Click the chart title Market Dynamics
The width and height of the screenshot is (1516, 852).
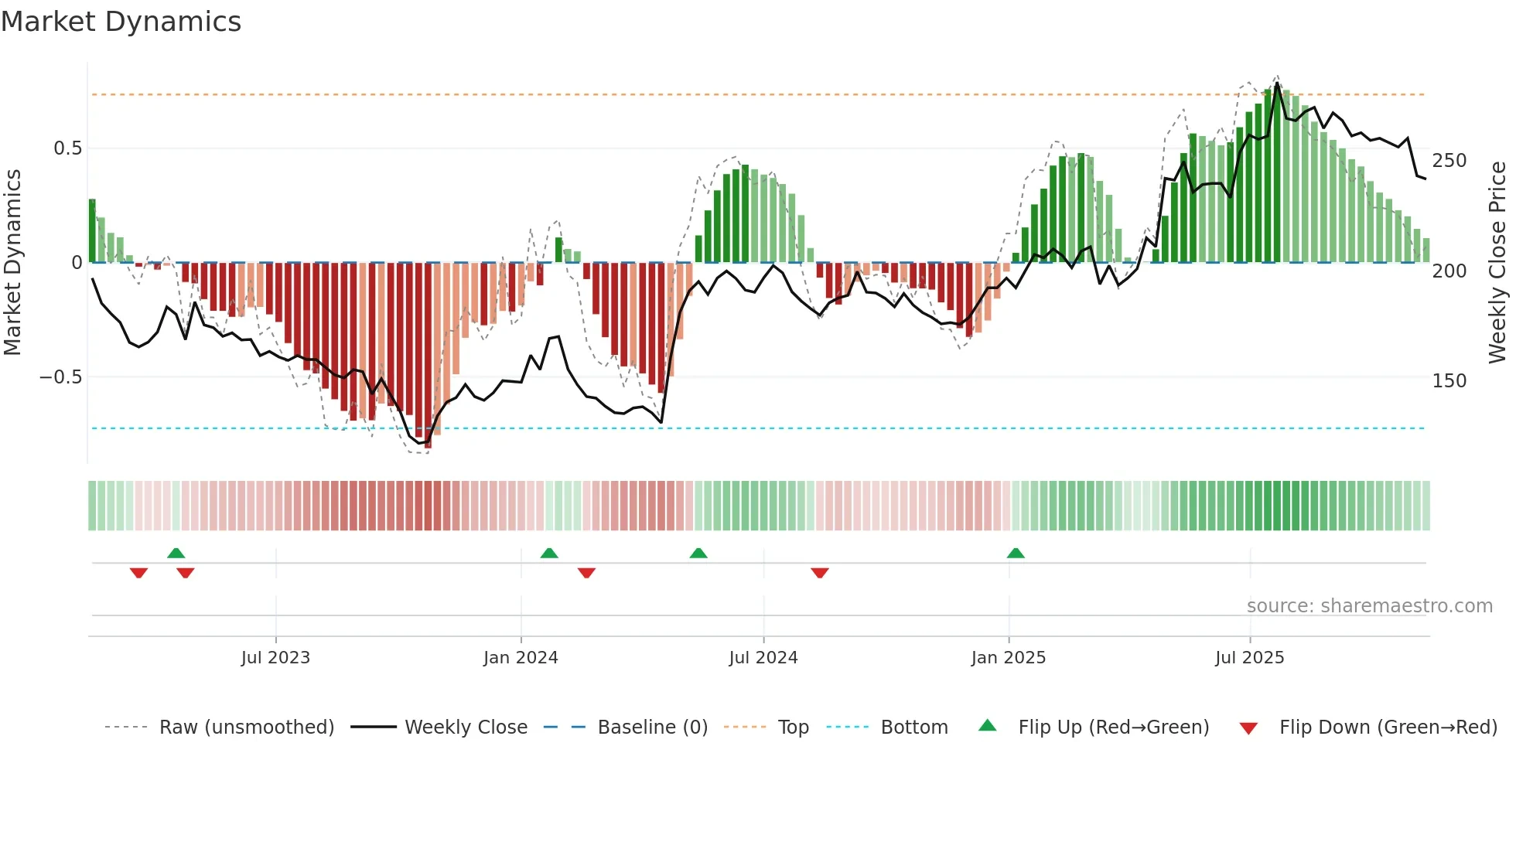pos(121,22)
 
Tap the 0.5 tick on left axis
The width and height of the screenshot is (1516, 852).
pos(67,148)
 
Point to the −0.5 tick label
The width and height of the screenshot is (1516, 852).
pos(61,377)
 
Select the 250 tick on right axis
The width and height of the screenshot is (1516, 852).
pos(1449,161)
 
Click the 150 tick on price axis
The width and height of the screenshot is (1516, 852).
pos(1449,381)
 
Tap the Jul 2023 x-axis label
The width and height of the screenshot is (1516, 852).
pos(275,658)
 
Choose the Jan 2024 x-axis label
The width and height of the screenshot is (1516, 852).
pos(521,658)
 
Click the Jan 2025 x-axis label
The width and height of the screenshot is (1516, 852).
pos(1009,658)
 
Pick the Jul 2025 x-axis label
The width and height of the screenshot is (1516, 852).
pos(1250,658)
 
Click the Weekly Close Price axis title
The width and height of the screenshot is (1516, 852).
pos(1498,263)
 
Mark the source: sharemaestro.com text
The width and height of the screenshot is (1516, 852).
pos(1369,606)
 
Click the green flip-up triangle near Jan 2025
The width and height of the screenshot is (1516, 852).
pos(1016,553)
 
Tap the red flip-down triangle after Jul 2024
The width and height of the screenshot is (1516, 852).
pos(820,573)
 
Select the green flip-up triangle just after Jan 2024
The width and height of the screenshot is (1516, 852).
pos(549,553)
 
